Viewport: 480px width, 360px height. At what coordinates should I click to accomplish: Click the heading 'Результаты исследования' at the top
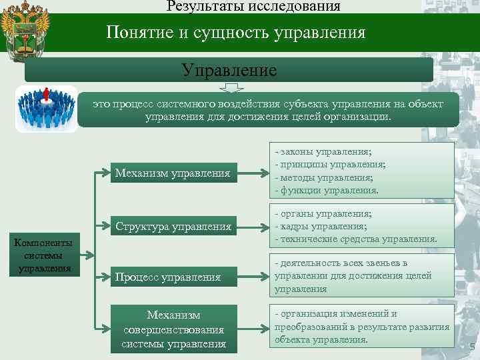(x=253, y=7)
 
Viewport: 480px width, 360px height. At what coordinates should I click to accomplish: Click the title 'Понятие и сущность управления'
(x=236, y=33)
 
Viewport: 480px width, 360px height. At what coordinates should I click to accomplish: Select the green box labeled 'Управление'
(x=229, y=69)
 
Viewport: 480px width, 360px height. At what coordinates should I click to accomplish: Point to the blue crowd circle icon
(x=46, y=109)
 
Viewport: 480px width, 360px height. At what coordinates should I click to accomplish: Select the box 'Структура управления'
(x=173, y=226)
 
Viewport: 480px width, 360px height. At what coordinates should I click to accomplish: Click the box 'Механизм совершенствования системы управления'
(x=173, y=329)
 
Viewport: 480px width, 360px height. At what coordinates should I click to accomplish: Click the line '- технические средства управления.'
(x=356, y=239)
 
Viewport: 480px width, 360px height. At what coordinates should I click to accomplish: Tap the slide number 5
(x=472, y=347)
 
